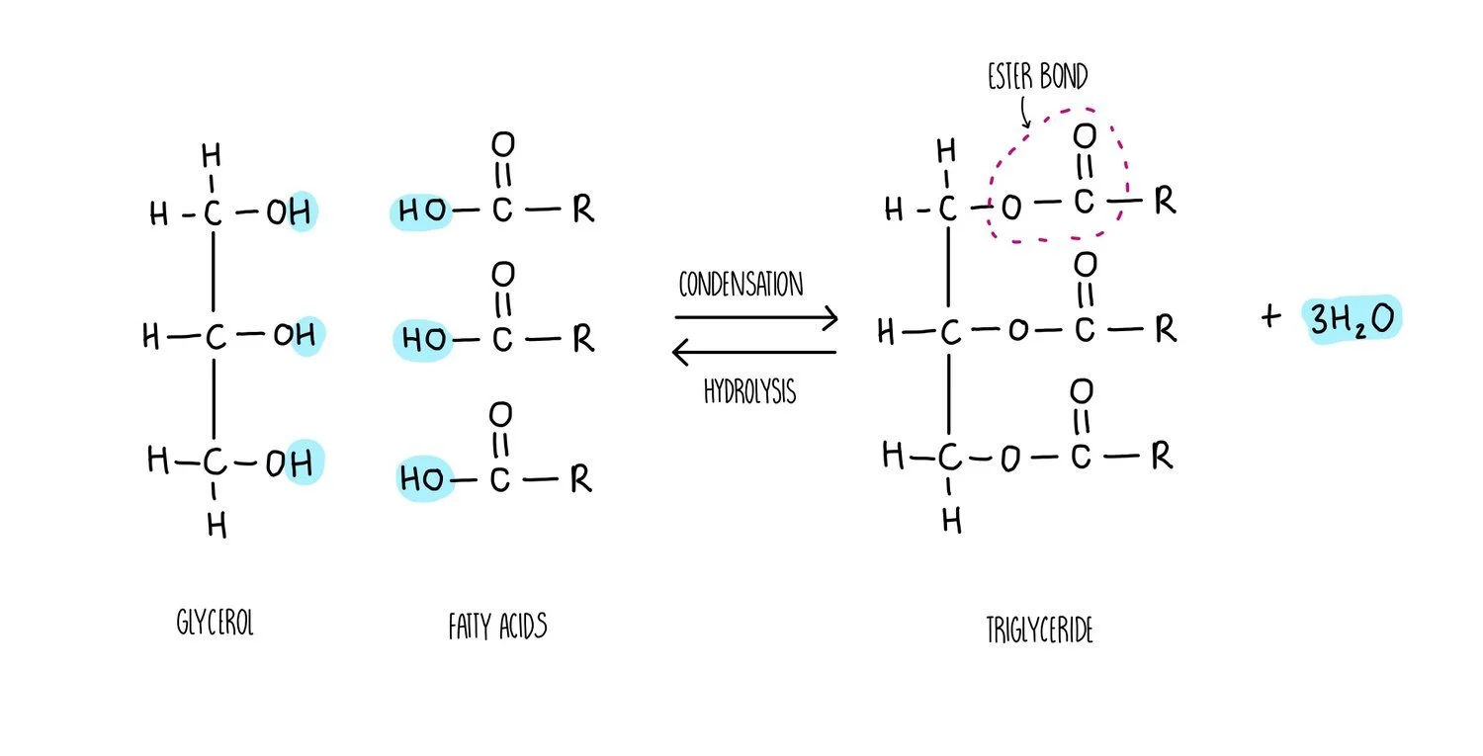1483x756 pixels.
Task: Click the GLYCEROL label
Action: click(x=215, y=624)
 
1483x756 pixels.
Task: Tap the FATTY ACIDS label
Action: click(x=497, y=626)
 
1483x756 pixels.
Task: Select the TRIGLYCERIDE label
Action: click(x=1039, y=630)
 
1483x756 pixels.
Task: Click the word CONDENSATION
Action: click(x=741, y=285)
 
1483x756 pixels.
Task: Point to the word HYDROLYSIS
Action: click(x=749, y=391)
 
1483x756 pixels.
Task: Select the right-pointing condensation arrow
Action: click(x=756, y=317)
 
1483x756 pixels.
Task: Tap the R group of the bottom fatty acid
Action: click(x=581, y=480)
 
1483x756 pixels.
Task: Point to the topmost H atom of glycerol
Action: click(x=210, y=155)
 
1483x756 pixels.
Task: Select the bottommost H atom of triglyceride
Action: click(x=951, y=520)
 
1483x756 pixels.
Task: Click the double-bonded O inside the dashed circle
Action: click(x=1084, y=135)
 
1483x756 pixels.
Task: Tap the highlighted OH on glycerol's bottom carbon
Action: click(x=293, y=462)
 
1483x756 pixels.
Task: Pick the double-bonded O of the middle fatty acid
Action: click(x=502, y=273)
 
